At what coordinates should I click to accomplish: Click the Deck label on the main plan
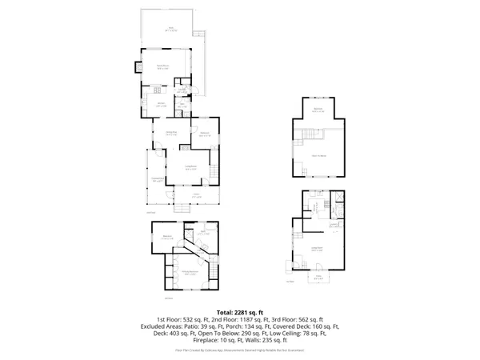point(171,29)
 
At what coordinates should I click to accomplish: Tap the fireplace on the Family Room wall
point(138,67)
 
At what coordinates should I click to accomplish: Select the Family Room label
point(162,67)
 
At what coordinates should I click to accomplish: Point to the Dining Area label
point(170,133)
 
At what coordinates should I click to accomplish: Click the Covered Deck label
point(157,179)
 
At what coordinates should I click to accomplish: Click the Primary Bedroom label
point(189,274)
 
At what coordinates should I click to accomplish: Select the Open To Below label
point(318,155)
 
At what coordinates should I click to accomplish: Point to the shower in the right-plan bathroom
point(338,197)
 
